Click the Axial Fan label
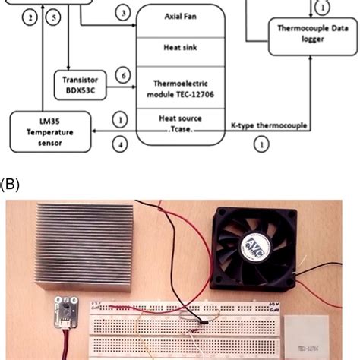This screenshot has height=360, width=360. [x=182, y=16]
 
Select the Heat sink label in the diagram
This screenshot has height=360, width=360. [x=182, y=47]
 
